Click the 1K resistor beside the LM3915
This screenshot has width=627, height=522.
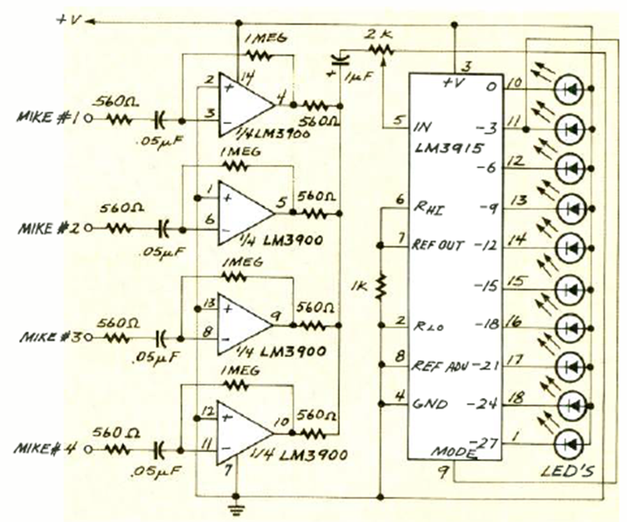(382, 286)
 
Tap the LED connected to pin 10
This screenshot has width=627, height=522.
(571, 87)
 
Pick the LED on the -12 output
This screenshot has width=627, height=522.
(571, 246)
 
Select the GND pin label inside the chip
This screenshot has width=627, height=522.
(431, 405)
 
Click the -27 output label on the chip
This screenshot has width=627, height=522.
(485, 440)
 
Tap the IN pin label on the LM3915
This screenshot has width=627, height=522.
(422, 127)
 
